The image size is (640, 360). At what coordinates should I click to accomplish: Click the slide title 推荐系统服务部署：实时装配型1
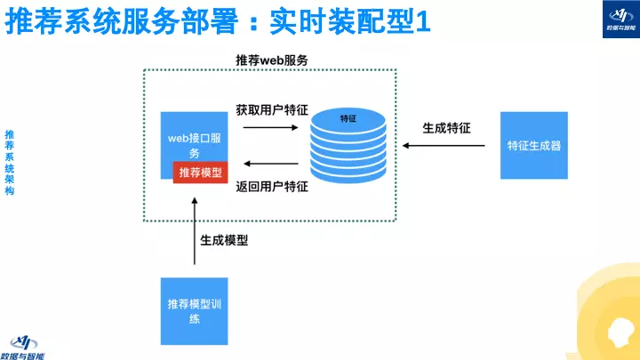pyautogui.click(x=219, y=22)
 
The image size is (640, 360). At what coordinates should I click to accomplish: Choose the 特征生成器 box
pyautogui.click(x=534, y=146)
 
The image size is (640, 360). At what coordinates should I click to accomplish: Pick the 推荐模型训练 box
pyautogui.click(x=195, y=310)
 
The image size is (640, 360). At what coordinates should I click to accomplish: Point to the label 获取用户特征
pyautogui.click(x=272, y=110)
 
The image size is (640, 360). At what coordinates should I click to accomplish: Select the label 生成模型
pyautogui.click(x=223, y=240)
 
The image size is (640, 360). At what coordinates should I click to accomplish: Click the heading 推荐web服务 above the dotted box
pyautogui.click(x=272, y=60)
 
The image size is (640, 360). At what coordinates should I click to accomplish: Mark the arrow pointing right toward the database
pyautogui.click(x=270, y=127)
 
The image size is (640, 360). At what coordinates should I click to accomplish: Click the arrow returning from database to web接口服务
pyautogui.click(x=270, y=164)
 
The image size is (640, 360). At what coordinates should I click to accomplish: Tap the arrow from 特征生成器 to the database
pyautogui.click(x=445, y=146)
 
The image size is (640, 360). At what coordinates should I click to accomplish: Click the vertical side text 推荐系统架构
pyautogui.click(x=10, y=161)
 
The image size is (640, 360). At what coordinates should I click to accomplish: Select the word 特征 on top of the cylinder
pyautogui.click(x=348, y=118)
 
